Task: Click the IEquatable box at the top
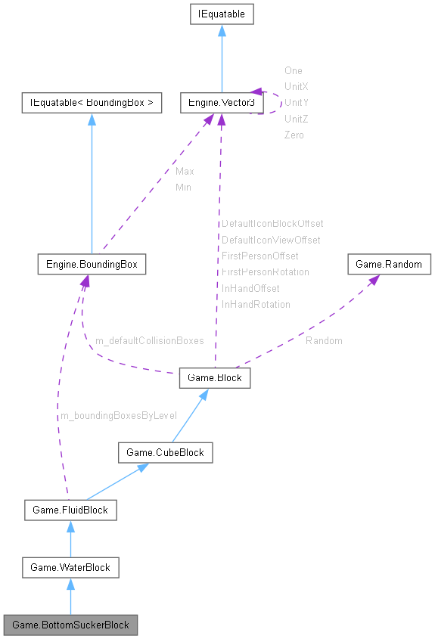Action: (x=221, y=14)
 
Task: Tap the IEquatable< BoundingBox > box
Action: (x=91, y=103)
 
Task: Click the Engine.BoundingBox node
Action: (x=91, y=265)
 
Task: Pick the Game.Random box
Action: (x=389, y=265)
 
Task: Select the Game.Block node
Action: (x=215, y=378)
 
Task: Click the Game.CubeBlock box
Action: (x=165, y=452)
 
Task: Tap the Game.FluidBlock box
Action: (x=70, y=510)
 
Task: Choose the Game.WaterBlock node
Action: (x=70, y=567)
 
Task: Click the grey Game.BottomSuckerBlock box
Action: (x=70, y=625)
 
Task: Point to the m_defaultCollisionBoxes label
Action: (x=149, y=341)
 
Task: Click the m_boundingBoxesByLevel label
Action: (x=118, y=416)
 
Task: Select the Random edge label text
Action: (x=324, y=341)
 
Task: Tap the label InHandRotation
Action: (x=256, y=304)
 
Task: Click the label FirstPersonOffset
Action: (x=259, y=256)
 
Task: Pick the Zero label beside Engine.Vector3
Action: (x=294, y=135)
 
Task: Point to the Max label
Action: (x=185, y=171)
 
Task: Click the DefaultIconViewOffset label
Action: (x=271, y=240)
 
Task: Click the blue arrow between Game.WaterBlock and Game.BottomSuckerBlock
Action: (x=70, y=597)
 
